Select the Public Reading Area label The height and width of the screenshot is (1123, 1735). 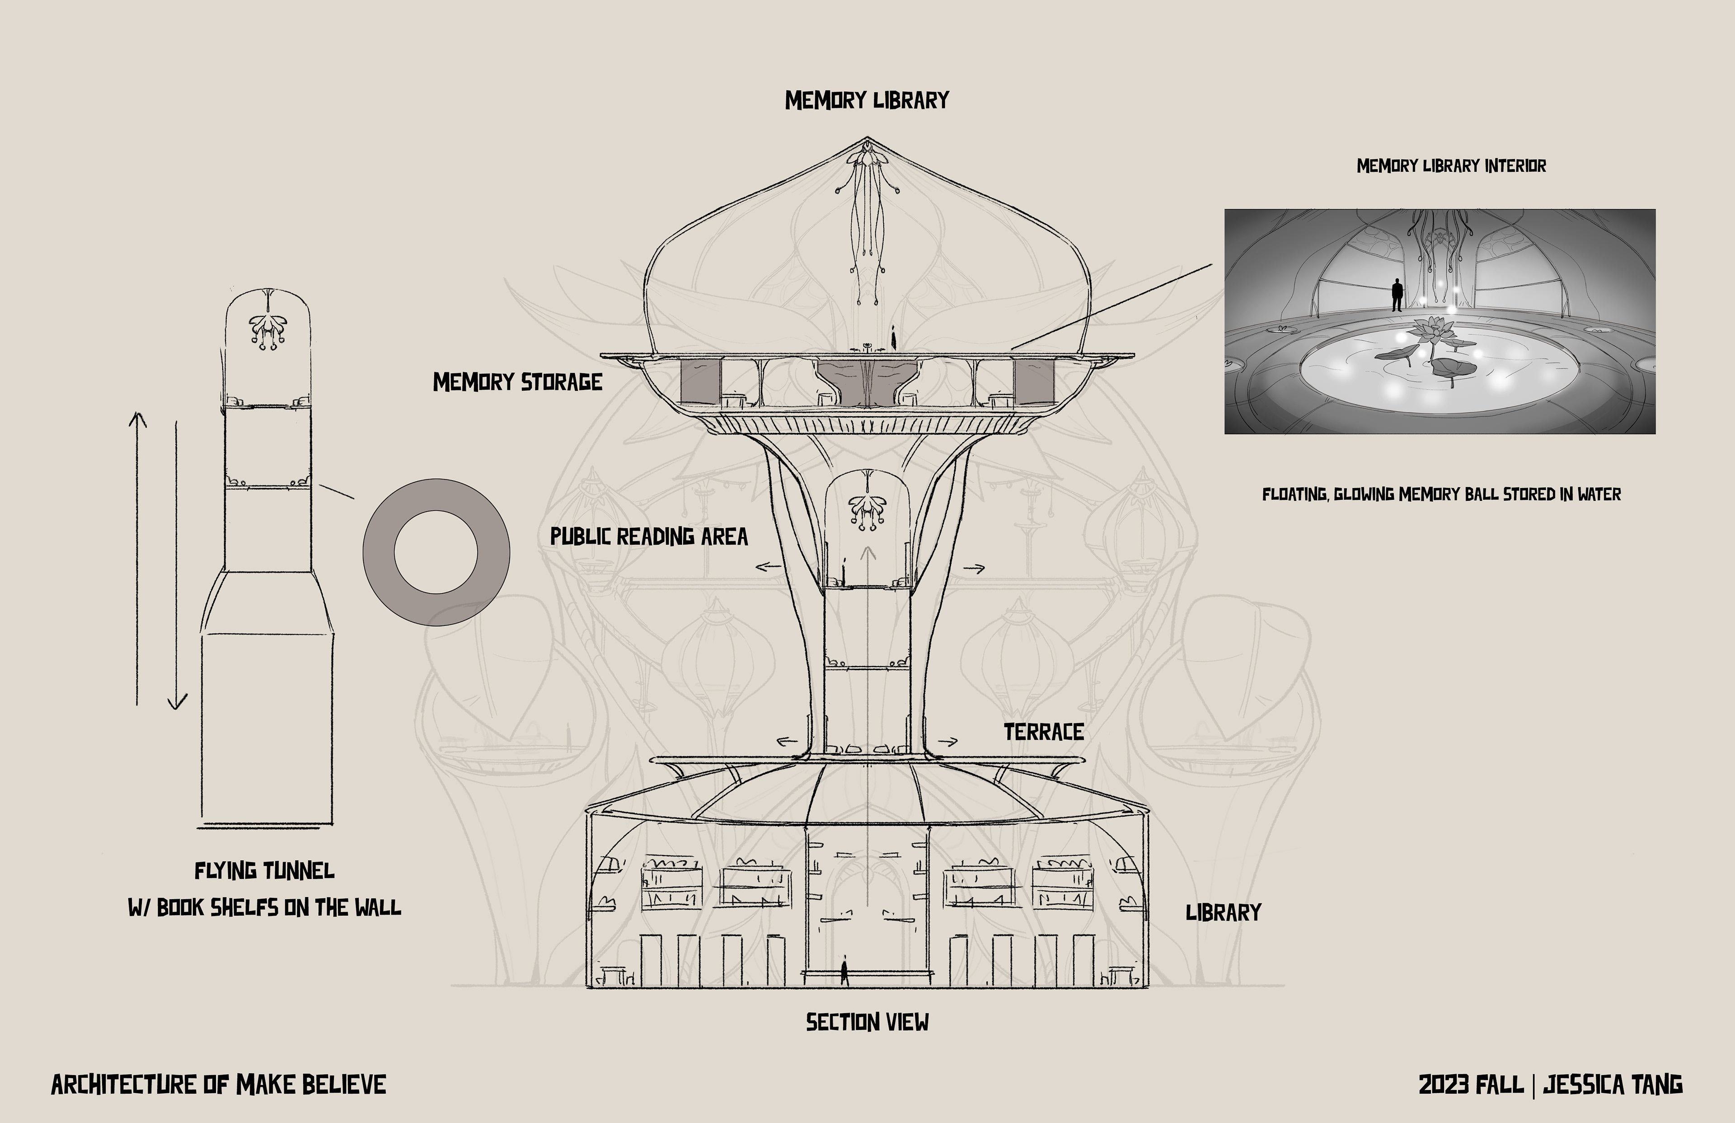point(649,537)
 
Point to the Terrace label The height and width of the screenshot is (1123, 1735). point(1043,732)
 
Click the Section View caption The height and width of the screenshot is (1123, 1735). point(867,1022)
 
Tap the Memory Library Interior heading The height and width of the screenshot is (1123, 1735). point(1451,166)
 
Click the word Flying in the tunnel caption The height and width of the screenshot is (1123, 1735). point(226,871)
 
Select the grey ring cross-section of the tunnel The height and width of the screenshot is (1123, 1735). point(379,552)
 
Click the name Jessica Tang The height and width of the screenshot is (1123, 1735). point(1613,1085)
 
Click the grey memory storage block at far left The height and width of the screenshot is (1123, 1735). point(700,381)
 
